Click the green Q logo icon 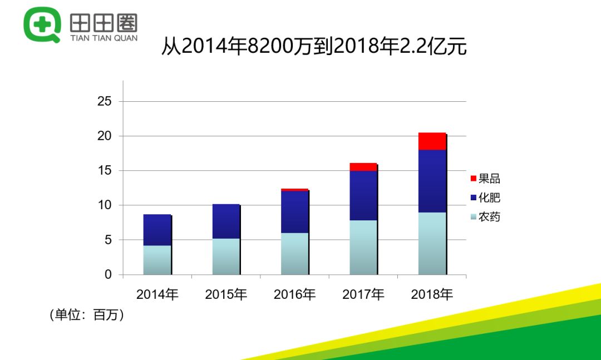(42, 24)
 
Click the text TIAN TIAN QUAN (104, 38)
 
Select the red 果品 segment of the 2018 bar (432, 141)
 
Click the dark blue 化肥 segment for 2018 (432, 181)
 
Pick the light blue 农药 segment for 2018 (432, 243)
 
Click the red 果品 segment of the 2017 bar (363, 167)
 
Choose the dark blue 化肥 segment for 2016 (294, 211)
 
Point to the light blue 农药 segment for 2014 (157, 260)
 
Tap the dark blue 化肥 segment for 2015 (225, 221)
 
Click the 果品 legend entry (485, 179)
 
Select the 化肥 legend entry (485, 198)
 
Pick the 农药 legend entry (485, 216)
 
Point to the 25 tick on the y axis (105, 102)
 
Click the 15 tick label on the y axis (105, 171)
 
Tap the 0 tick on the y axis (108, 275)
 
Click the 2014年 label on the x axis (157, 294)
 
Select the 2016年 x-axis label (294, 294)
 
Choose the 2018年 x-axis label (432, 294)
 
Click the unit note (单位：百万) (87, 315)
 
